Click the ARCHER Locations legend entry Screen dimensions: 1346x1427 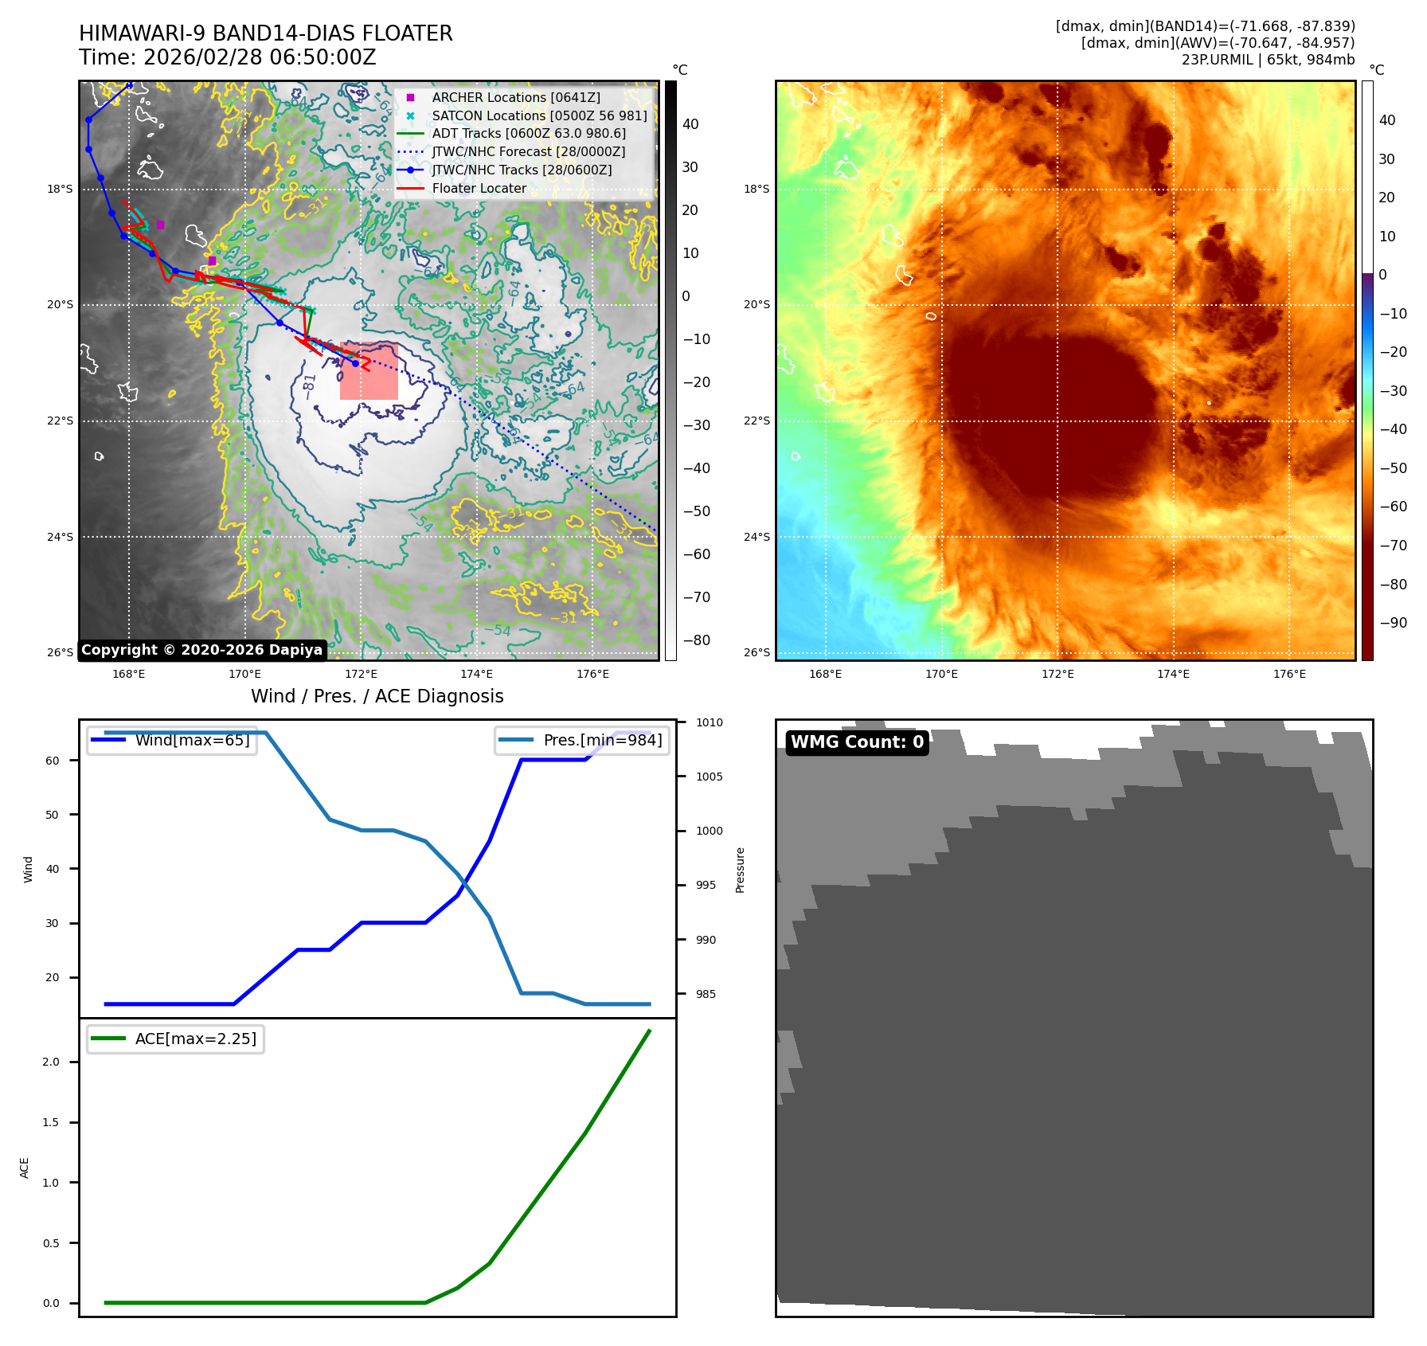(515, 97)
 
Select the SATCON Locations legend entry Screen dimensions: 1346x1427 (539, 115)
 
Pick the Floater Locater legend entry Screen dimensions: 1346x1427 (479, 188)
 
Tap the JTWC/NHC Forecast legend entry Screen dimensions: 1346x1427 (528, 151)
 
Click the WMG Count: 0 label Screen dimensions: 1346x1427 (857, 742)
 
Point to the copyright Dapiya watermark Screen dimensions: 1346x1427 (201, 650)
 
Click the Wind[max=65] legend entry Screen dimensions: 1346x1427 (192, 740)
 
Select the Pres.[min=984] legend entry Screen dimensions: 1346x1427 (602, 740)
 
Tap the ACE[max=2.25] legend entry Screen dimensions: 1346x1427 (195, 1039)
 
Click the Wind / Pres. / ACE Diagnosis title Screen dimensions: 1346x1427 (377, 696)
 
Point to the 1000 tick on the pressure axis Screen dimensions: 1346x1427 (709, 831)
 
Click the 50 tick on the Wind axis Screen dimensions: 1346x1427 (53, 815)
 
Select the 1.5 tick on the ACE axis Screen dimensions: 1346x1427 (51, 1122)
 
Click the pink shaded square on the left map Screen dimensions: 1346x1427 (369, 371)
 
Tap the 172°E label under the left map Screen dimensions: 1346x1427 (361, 674)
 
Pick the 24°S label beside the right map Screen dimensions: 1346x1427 (757, 537)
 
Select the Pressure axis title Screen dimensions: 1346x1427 (740, 870)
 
